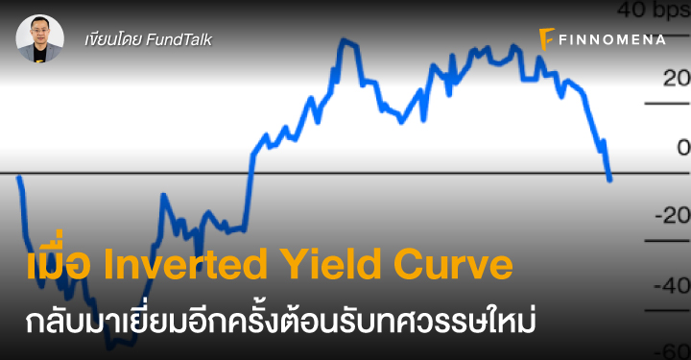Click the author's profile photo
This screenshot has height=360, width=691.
40,38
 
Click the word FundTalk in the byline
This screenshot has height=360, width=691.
179,40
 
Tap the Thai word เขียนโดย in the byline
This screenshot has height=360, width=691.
113,40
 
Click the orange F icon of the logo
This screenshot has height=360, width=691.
546,39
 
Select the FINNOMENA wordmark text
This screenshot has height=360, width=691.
612,39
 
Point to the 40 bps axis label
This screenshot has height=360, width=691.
654,11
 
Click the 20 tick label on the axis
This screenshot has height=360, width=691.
677,79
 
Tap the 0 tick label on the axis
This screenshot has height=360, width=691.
684,148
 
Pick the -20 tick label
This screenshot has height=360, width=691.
673,216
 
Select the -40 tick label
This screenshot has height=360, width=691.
673,285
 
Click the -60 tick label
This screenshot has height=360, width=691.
673,351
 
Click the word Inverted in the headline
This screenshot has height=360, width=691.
185,264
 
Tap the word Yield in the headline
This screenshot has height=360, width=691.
331,264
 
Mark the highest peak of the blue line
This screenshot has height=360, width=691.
345,40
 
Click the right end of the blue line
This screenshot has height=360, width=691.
610,180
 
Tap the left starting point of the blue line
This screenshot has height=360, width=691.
18,178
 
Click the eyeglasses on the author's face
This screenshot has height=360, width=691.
40,32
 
